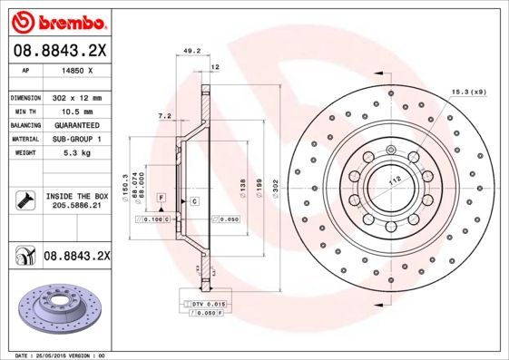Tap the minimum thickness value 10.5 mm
(x=68, y=111)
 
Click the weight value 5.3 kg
(x=64, y=154)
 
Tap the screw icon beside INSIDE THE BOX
(x=24, y=200)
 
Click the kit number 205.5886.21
(x=76, y=206)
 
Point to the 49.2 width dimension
(x=191, y=52)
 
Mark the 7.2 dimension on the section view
(x=164, y=116)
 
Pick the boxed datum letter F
(x=161, y=197)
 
